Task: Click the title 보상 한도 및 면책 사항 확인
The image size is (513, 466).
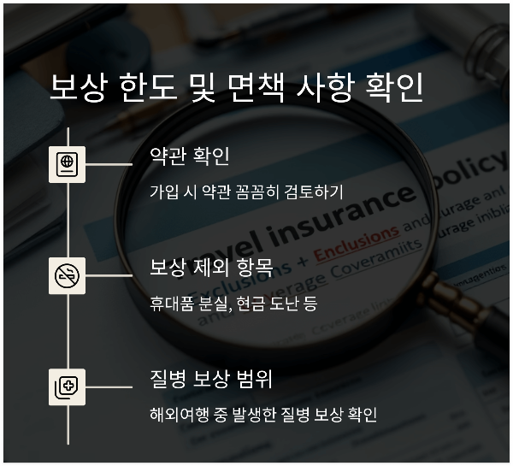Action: click(x=236, y=89)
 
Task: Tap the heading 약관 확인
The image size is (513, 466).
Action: click(x=189, y=156)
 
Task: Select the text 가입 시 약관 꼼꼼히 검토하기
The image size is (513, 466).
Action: click(x=246, y=191)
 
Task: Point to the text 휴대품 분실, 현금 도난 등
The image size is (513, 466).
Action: click(x=233, y=303)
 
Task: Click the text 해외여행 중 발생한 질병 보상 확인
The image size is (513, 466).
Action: click(x=262, y=415)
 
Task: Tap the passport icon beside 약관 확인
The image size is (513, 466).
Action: click(x=67, y=163)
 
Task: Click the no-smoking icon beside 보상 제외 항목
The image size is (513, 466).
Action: click(x=67, y=275)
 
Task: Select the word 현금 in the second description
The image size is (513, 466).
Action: click(x=249, y=303)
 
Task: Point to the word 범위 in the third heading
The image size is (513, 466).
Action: click(x=255, y=380)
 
